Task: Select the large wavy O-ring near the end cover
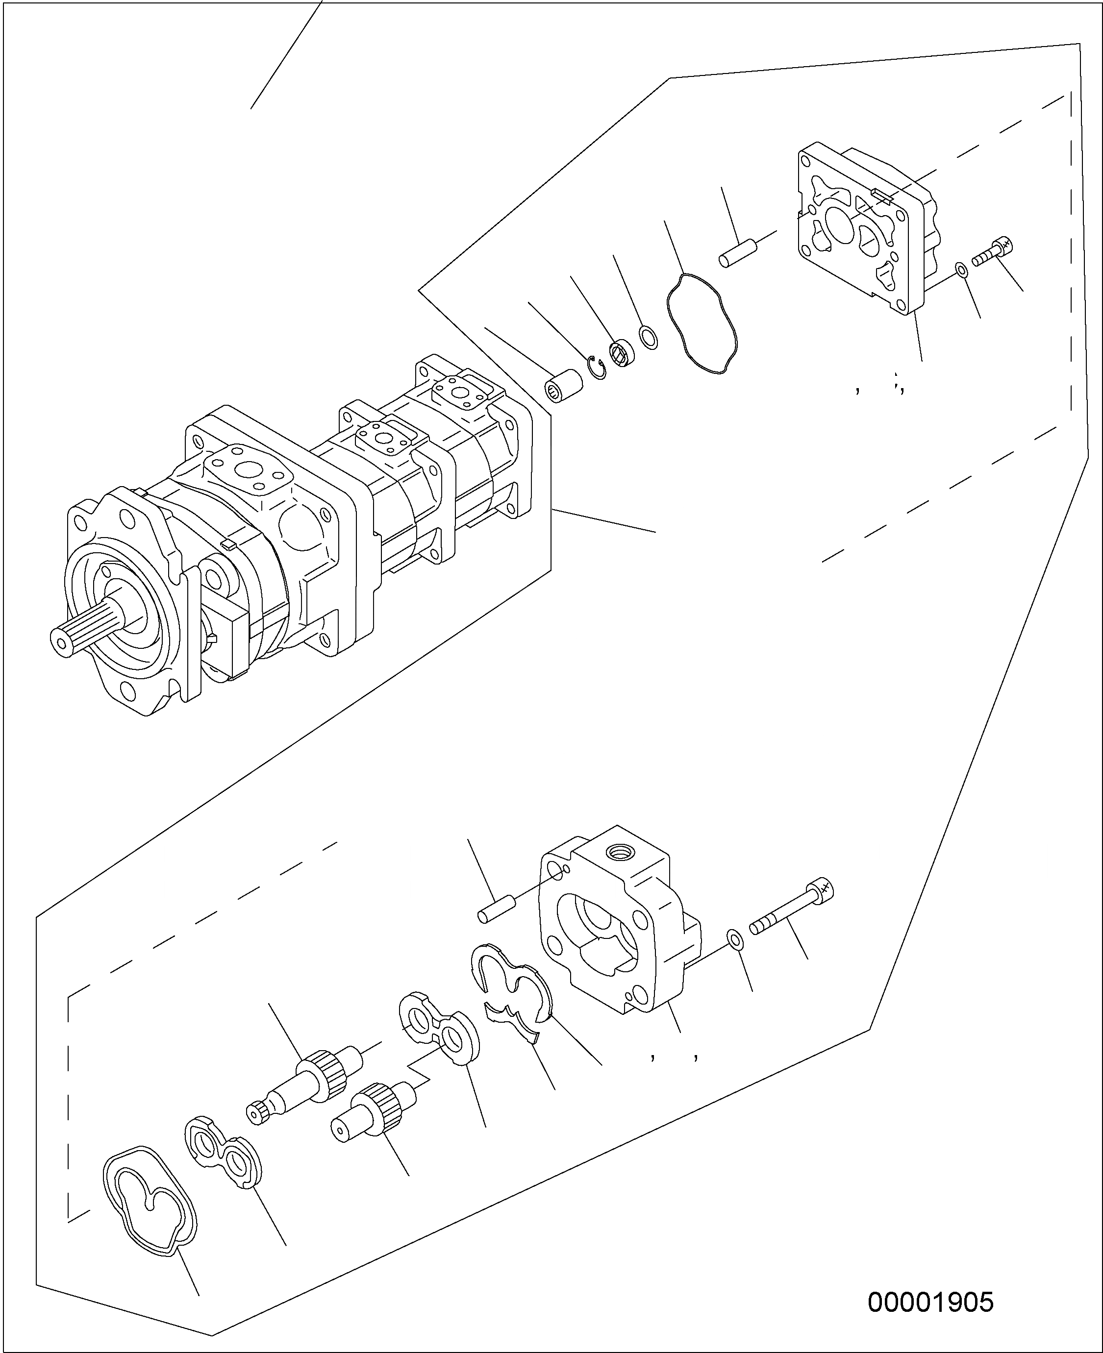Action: point(702,322)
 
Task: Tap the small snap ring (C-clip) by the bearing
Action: point(597,369)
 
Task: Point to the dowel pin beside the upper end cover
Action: point(736,252)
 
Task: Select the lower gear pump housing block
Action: point(620,921)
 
